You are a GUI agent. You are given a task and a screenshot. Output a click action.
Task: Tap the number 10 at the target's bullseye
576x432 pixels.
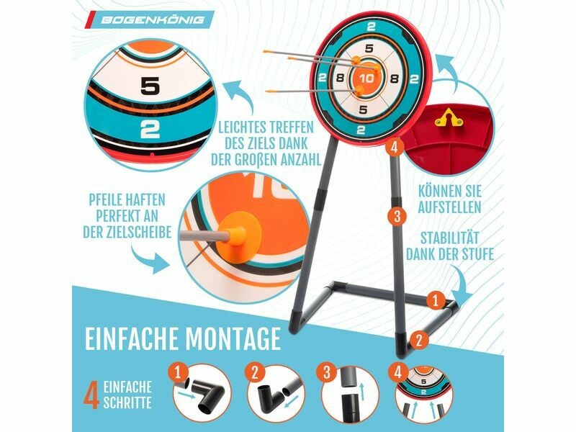pyautogui.click(x=366, y=78)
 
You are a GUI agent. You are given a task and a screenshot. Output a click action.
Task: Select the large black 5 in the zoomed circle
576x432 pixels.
pyautogui.click(x=150, y=86)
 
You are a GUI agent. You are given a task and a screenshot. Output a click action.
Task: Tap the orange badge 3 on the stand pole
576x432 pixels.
pyautogui.click(x=397, y=215)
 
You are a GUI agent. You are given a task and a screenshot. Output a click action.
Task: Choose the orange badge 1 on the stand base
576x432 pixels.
pyautogui.click(x=436, y=301)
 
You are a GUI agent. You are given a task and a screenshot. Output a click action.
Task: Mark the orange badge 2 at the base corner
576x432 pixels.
pyautogui.click(x=419, y=340)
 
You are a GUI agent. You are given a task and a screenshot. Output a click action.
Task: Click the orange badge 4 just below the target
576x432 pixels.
pyautogui.click(x=395, y=148)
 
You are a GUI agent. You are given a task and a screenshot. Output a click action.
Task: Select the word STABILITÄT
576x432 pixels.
pyautogui.click(x=450, y=238)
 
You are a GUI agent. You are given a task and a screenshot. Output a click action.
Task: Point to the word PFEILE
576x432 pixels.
pyautogui.click(x=106, y=200)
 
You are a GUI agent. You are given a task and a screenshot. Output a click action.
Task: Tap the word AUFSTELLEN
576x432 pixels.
pyautogui.click(x=449, y=207)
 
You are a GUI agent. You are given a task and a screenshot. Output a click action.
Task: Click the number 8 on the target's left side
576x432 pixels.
pyautogui.click(x=340, y=78)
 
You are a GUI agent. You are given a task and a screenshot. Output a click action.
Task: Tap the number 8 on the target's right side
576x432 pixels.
pyautogui.click(x=395, y=78)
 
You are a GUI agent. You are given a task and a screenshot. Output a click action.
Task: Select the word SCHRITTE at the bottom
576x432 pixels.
pyautogui.click(x=127, y=402)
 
